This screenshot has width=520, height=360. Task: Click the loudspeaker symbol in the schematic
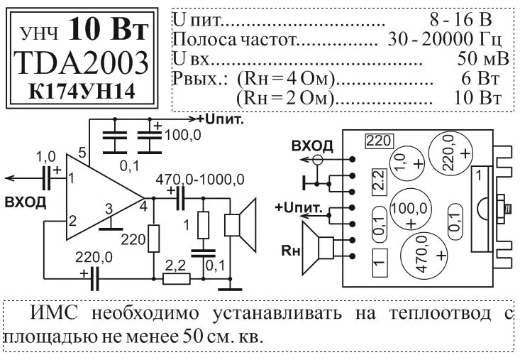tap(238, 225)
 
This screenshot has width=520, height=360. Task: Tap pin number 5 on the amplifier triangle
tap(82, 153)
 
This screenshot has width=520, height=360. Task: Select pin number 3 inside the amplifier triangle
tap(108, 209)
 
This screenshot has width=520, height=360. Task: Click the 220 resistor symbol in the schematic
tap(153, 239)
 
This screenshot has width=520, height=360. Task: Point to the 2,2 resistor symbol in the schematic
tap(176, 277)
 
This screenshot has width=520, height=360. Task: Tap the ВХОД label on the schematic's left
tap(25, 202)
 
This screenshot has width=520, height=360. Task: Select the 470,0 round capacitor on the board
tap(423, 258)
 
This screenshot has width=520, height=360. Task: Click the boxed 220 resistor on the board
tap(379, 141)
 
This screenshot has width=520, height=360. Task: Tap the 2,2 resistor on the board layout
tap(379, 182)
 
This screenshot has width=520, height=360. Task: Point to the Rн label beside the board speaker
tap(290, 250)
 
